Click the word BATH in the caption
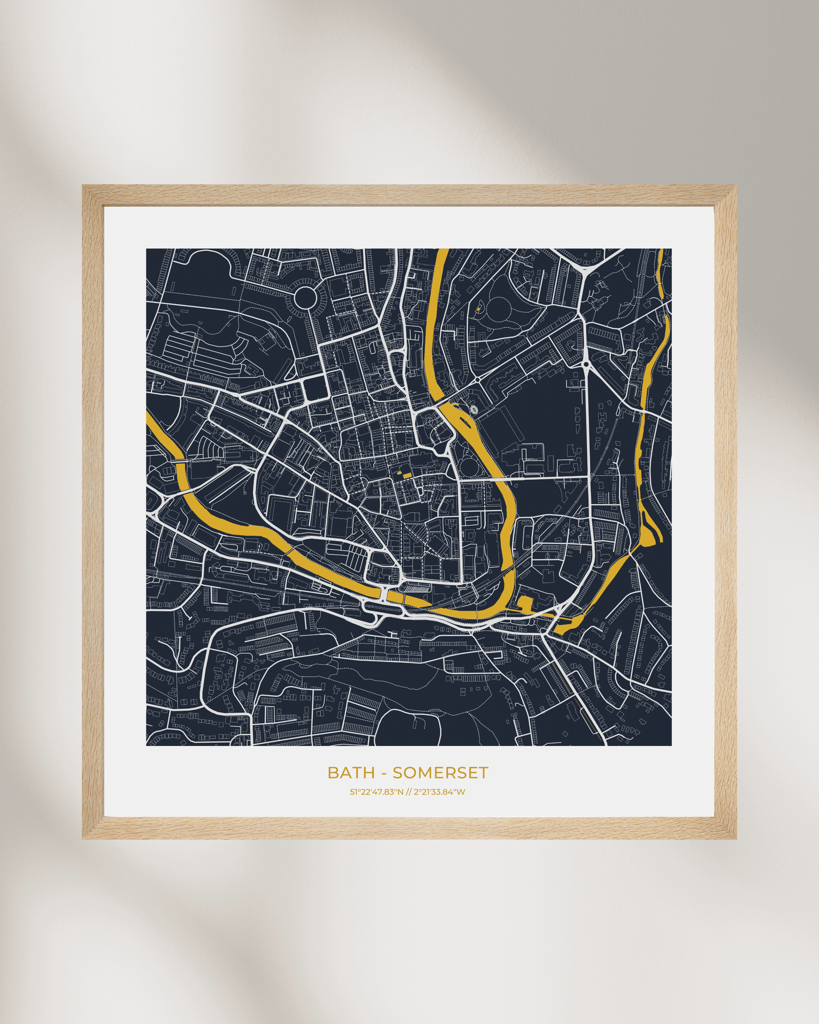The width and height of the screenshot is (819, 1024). pos(351,773)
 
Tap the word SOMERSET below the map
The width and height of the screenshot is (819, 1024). pos(440,773)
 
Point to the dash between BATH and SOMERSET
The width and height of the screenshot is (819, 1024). pos(384,773)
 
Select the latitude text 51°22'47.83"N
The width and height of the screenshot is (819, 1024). pos(376,792)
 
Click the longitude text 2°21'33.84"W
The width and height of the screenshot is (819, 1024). pos(439,792)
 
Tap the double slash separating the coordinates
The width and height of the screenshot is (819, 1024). pos(409,792)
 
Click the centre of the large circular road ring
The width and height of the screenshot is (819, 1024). pos(305,297)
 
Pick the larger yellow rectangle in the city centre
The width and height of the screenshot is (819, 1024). pos(407,475)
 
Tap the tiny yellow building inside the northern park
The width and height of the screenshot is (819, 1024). pos(478,309)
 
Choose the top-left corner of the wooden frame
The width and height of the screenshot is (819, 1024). pos(83,186)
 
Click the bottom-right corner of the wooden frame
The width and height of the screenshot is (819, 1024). pos(736,838)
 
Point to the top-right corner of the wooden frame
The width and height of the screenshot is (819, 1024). pos(736,186)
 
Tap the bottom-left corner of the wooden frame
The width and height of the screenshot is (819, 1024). pos(83,838)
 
